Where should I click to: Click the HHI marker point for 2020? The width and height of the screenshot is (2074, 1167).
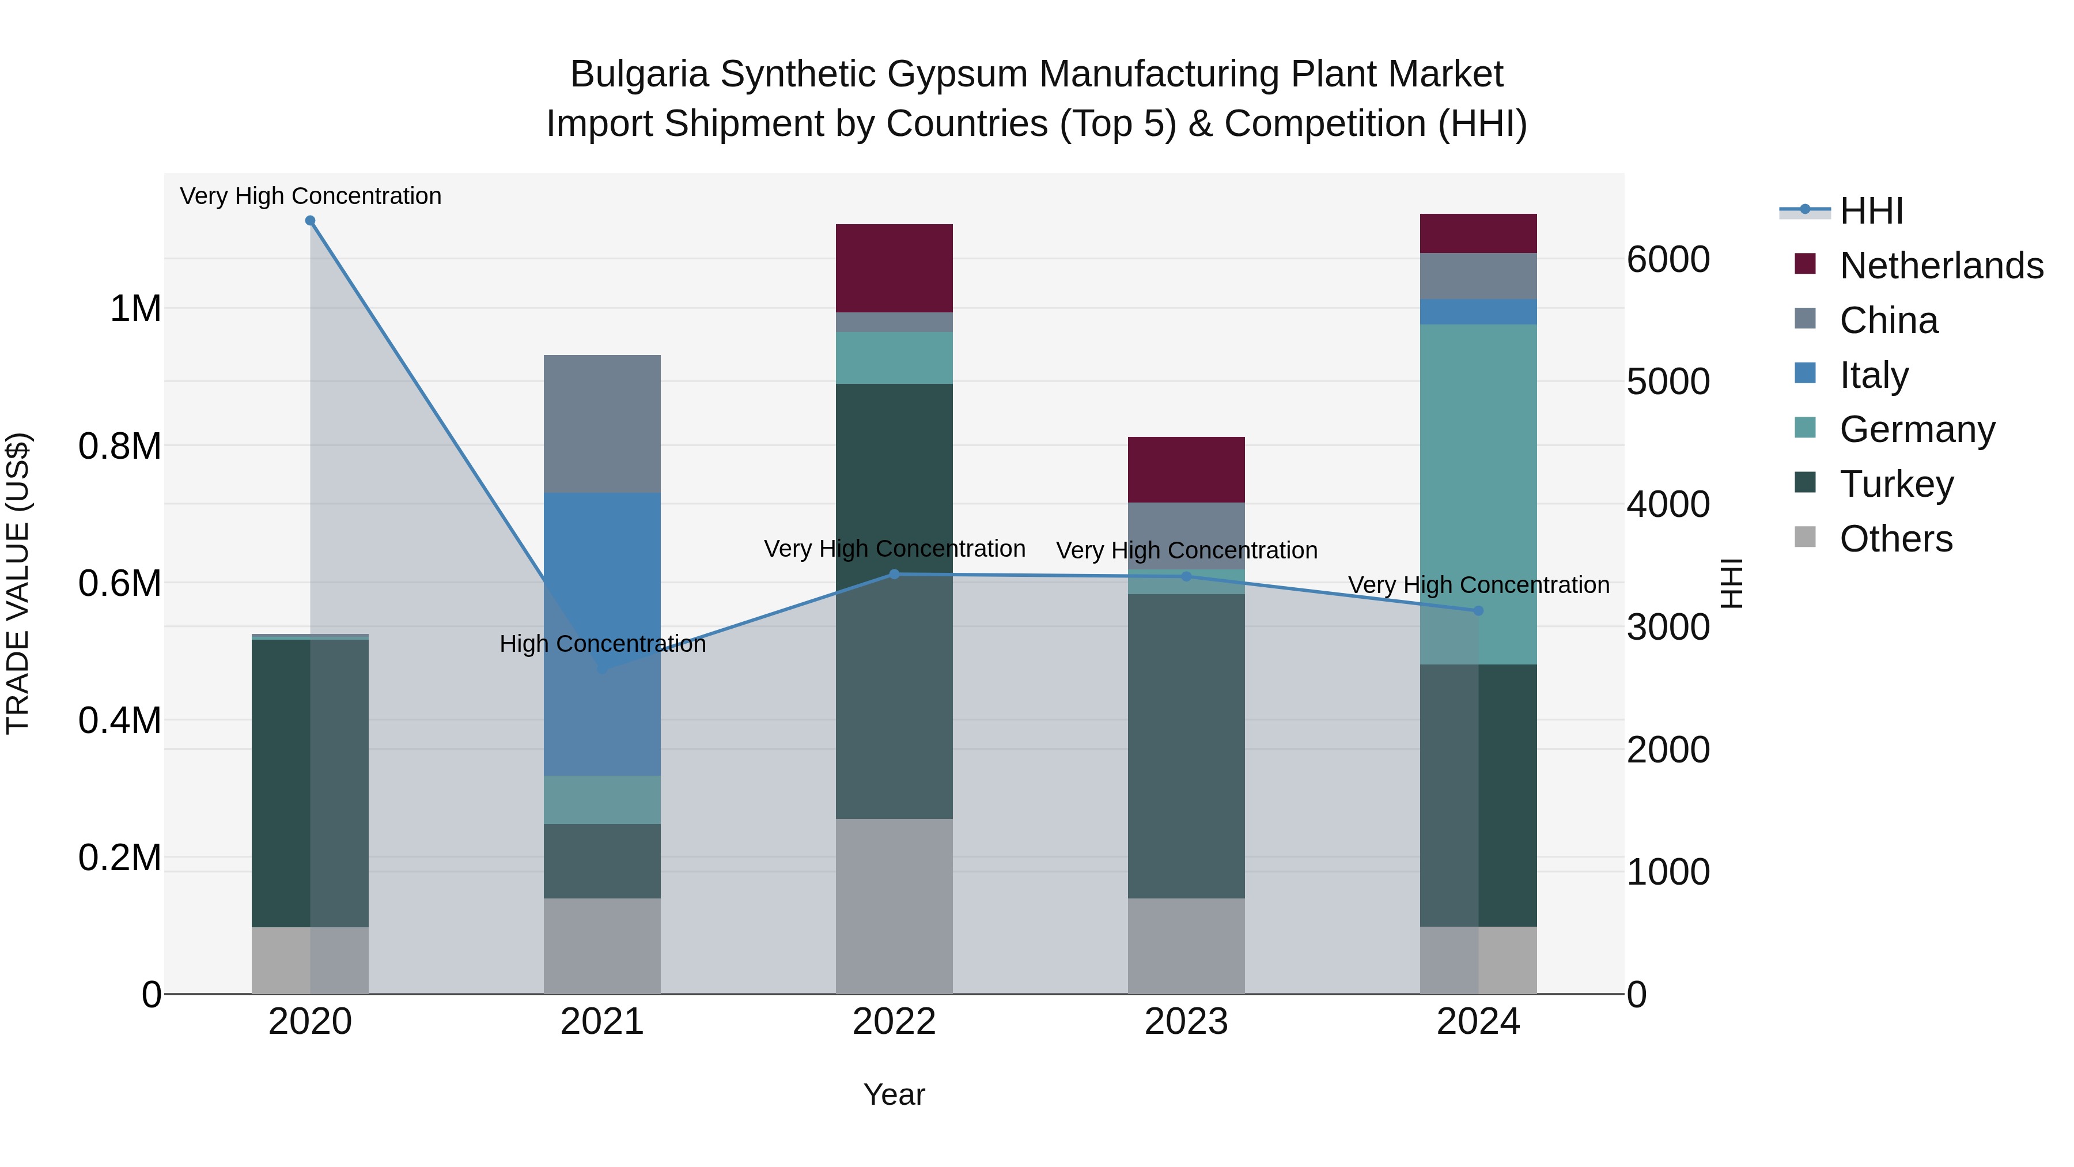(310, 221)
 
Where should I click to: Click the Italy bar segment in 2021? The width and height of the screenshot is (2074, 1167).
(602, 634)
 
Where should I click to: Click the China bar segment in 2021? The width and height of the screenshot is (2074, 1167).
(602, 424)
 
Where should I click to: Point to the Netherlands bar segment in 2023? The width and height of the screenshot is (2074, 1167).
(1186, 470)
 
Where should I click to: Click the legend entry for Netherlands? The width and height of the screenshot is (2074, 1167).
(1940, 266)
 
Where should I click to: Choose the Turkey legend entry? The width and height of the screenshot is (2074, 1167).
(1896, 484)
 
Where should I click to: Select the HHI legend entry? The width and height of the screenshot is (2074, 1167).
(1870, 211)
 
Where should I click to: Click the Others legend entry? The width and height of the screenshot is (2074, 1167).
(1895, 539)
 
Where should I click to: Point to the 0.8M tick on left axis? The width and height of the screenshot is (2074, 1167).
(121, 446)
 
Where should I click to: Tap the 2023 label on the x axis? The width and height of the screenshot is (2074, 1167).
(1186, 1022)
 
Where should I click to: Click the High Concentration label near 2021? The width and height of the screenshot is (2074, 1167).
(602, 644)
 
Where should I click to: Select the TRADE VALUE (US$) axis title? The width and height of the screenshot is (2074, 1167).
(18, 583)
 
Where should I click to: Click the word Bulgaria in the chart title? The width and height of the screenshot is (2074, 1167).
(639, 75)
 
